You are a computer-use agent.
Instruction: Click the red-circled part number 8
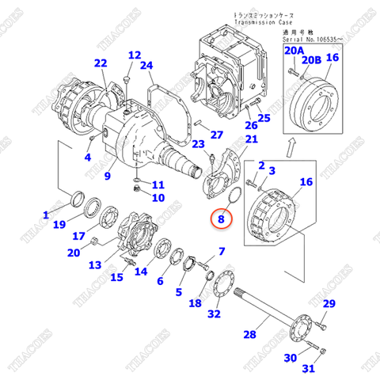pyautogui.click(x=222, y=215)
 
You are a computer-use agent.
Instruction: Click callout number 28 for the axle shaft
pyautogui.click(x=249, y=335)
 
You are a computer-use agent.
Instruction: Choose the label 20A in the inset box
pyautogui.click(x=294, y=51)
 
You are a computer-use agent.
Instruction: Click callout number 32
pyautogui.click(x=213, y=314)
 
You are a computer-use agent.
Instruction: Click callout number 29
pyautogui.click(x=329, y=305)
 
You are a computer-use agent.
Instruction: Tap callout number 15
pyautogui.click(x=116, y=277)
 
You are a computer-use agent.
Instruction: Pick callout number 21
pyautogui.click(x=252, y=139)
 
